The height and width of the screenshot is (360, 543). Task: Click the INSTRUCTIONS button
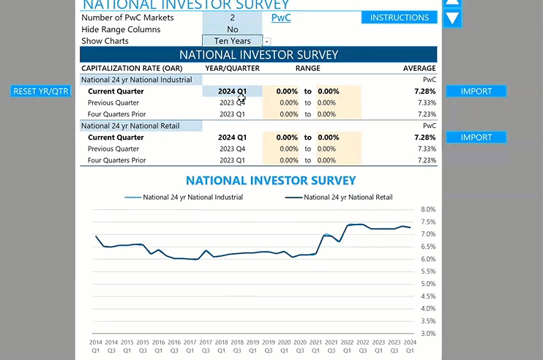tap(399, 18)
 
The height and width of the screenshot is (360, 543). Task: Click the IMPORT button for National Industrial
tap(476, 91)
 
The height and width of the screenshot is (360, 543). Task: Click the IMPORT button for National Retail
tap(476, 138)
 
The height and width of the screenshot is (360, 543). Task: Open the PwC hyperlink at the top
tap(281, 18)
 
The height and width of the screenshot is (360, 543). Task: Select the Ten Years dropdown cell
tap(233, 42)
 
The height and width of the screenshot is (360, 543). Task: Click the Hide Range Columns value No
tap(233, 29)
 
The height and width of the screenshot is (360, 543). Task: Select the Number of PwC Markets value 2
tap(233, 18)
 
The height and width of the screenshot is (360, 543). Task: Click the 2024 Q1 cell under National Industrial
tap(232, 91)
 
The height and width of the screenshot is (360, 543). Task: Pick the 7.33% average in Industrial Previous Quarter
tap(427, 103)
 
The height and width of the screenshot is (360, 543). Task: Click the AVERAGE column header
tap(419, 68)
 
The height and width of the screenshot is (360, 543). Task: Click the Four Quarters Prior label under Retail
tap(116, 160)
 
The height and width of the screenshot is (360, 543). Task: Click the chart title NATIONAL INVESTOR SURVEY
tap(271, 181)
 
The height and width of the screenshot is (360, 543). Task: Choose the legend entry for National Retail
tap(348, 197)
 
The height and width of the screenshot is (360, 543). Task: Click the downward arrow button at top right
tap(453, 18)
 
